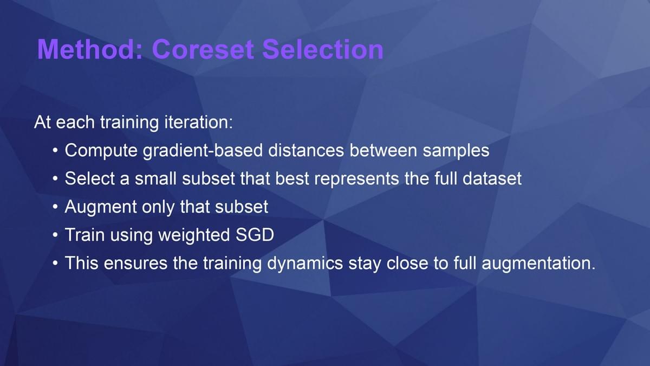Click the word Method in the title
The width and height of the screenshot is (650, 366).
(90, 49)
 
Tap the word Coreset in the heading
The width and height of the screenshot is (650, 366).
(203, 49)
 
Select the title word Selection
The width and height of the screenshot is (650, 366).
(323, 49)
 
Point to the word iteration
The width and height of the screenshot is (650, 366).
(198, 122)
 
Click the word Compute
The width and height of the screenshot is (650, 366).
(101, 151)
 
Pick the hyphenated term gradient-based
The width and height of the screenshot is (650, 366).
(203, 151)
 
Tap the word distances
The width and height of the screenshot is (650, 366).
(306, 151)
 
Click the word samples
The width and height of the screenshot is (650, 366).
(456, 151)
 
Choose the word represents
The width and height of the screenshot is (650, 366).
(356, 178)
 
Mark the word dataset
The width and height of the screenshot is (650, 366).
(492, 178)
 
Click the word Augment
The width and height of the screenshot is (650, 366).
(100, 207)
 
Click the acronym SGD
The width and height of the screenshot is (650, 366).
(255, 235)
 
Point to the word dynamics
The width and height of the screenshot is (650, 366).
(305, 263)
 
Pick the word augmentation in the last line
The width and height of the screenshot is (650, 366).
(538, 263)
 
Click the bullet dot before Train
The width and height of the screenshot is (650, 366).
(55, 235)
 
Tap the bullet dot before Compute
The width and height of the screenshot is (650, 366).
(55, 151)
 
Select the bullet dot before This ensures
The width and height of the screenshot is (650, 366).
(55, 263)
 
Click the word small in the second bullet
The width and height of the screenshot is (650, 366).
(155, 178)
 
